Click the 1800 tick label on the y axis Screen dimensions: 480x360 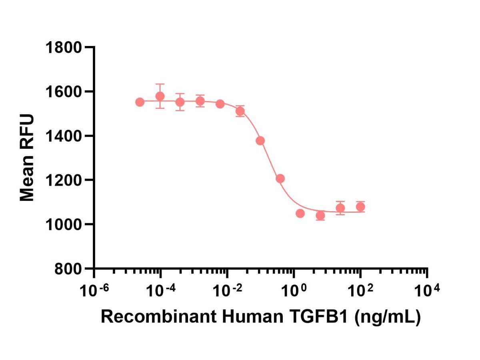pos(64,48)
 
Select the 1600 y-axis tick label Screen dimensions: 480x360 pos(64,92)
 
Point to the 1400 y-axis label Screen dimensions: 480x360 pos(64,136)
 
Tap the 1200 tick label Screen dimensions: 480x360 pos(64,180)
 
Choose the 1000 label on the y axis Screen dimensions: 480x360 pos(64,225)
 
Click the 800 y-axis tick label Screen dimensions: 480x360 pos(68,269)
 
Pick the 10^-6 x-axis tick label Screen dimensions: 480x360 pos(94,291)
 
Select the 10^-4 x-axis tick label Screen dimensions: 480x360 pos(161,291)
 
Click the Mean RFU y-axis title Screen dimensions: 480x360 pos(27,157)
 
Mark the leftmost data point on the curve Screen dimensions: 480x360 pos(140,102)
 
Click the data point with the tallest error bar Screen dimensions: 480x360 pos(160,96)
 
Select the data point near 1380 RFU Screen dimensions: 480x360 pos(260,141)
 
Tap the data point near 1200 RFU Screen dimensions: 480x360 pos(280,178)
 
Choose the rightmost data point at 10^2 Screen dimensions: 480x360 pos(360,206)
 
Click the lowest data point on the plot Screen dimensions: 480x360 pos(320,216)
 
